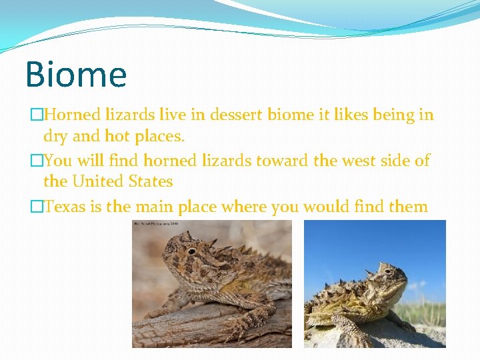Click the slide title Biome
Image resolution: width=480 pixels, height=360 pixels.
(x=75, y=74)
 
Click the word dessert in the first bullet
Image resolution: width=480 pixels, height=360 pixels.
(x=237, y=115)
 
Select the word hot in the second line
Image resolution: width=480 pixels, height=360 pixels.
(x=119, y=137)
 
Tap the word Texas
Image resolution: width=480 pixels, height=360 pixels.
(x=65, y=207)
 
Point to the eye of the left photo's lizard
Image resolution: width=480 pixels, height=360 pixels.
(x=191, y=251)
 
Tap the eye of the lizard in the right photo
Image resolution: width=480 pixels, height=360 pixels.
(x=387, y=272)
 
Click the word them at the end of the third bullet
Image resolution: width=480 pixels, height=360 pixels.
(x=408, y=207)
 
